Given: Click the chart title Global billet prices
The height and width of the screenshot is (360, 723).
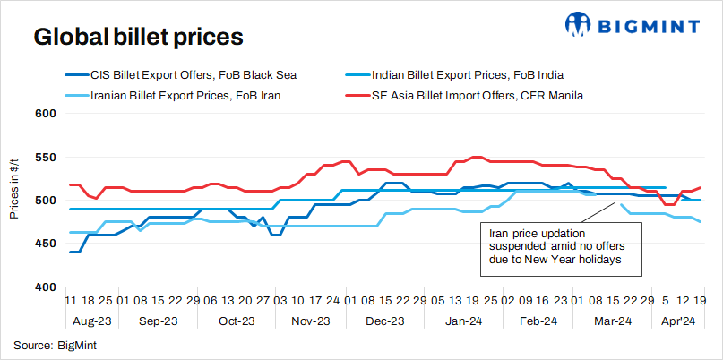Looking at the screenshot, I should click(138, 38).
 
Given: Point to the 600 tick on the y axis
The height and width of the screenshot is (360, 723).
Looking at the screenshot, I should click(46, 114).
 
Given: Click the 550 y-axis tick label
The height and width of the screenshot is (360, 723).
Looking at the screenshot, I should click(46, 158).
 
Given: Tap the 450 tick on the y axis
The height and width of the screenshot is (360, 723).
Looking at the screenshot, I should click(46, 244).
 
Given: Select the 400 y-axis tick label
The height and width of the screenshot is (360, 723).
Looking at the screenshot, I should click(46, 287).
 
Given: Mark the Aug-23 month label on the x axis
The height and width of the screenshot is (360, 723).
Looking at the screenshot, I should click(91, 320).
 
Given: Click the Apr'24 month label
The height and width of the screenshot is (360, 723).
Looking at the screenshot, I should click(677, 320).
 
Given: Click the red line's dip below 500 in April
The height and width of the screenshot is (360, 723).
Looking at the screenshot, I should click(668, 205).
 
